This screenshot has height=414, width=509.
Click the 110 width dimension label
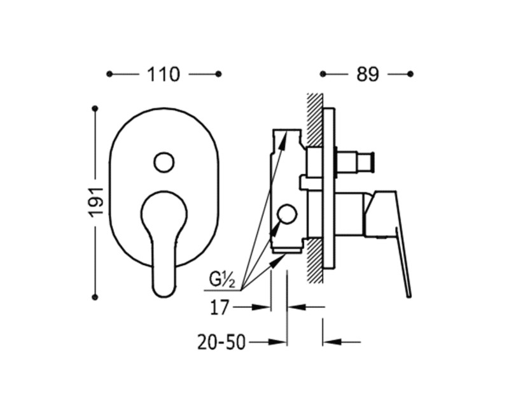pyautogui.click(x=164, y=75)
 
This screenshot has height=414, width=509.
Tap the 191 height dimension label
pyautogui.click(x=97, y=201)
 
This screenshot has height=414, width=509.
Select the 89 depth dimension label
pyautogui.click(x=368, y=75)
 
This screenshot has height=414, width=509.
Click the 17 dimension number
pyautogui.click(x=220, y=308)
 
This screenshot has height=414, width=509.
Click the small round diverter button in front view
pyautogui.click(x=164, y=162)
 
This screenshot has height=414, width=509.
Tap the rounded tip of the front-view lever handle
pyautogui.click(x=164, y=290)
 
